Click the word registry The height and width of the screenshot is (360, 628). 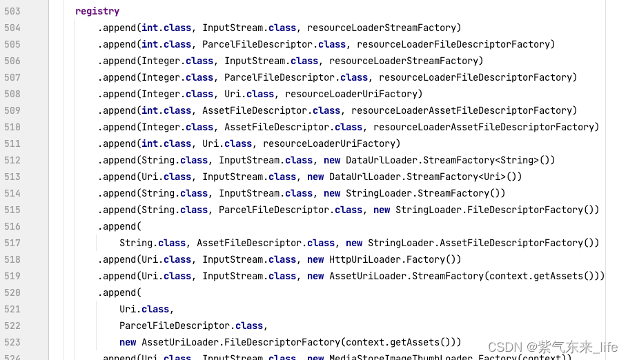point(97,11)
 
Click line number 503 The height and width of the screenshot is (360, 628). point(12,11)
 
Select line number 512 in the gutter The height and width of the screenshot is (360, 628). point(12,160)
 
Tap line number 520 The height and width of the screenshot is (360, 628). point(12,292)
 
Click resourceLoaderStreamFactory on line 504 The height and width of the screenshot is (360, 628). point(384,28)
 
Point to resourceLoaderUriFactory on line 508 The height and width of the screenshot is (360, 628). point(353,94)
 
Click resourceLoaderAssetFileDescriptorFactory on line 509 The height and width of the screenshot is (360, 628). point(464,110)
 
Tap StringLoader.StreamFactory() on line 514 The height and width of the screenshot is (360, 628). point(425,193)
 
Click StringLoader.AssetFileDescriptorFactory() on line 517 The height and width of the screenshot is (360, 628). point(483,243)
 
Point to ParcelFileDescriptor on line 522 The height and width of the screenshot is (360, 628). point(175,326)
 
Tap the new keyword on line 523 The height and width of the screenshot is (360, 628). point(128,342)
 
